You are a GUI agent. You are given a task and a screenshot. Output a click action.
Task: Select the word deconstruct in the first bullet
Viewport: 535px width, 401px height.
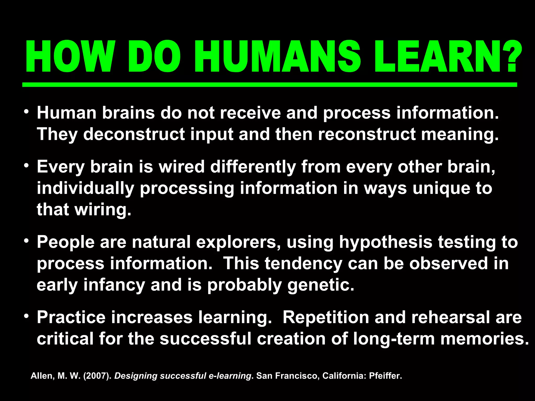point(134,134)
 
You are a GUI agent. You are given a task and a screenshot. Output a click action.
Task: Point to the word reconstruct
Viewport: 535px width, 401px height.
point(367,134)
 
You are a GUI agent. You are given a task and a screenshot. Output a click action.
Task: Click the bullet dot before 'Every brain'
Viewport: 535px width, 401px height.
point(26,166)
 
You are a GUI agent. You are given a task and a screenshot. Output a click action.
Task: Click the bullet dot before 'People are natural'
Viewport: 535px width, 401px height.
point(26,241)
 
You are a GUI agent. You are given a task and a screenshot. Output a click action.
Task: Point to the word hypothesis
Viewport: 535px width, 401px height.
point(386,242)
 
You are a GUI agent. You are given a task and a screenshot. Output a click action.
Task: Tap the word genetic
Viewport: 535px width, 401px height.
point(321,285)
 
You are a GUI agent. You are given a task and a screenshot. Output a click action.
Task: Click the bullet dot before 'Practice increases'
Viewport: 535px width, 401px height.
point(26,316)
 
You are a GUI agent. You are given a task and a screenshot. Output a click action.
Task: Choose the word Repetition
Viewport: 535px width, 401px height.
point(326,317)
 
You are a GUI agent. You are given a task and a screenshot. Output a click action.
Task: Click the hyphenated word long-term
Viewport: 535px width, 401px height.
point(394,339)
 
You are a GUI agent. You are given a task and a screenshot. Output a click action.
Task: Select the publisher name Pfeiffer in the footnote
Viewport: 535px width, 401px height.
point(385,376)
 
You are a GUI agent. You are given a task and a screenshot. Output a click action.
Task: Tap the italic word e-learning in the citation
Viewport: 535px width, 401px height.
point(230,376)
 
